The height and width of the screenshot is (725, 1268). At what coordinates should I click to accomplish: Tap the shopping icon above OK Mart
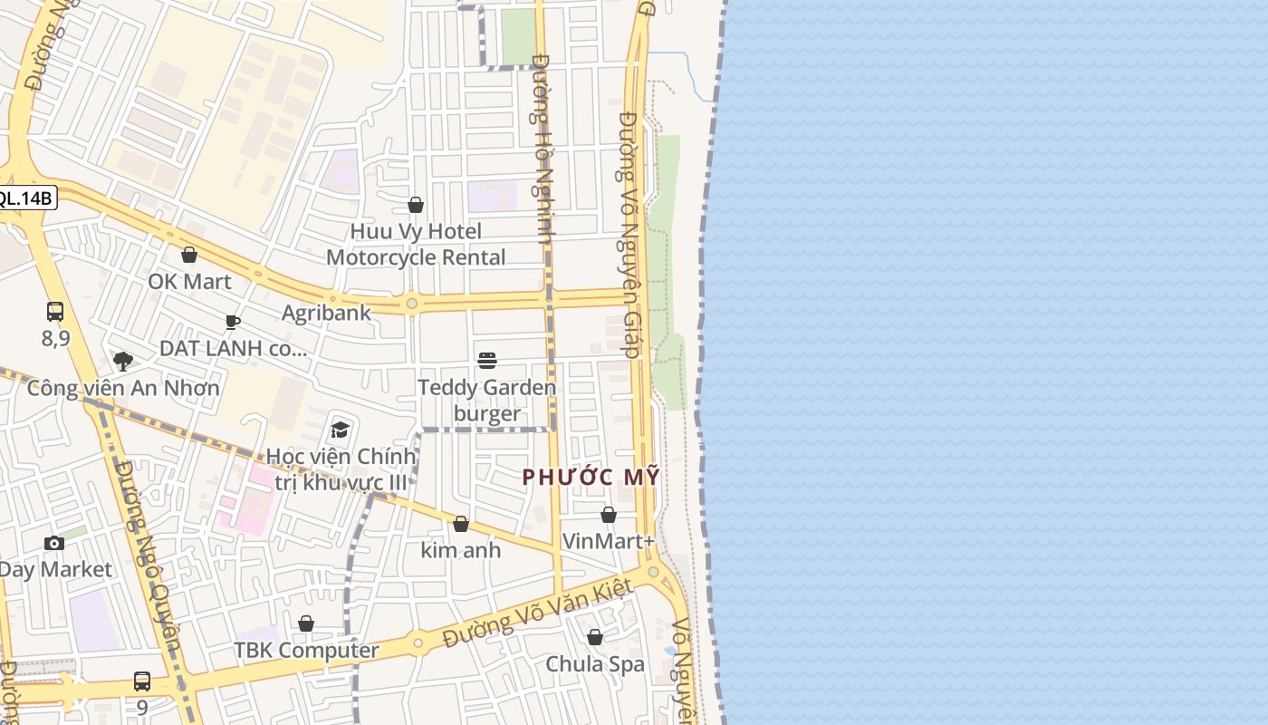pos(189,255)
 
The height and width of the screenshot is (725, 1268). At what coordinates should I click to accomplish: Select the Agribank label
pos(326,313)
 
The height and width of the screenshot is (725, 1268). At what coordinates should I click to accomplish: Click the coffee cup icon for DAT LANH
pos(233,322)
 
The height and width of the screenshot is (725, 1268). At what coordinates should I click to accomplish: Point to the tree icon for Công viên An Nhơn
pos(123,362)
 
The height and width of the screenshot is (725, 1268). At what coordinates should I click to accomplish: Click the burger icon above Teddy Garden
pos(487,361)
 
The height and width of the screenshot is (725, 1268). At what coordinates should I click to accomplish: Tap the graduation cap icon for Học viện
pos(341,429)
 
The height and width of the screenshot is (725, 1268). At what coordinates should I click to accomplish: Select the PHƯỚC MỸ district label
pos(591,477)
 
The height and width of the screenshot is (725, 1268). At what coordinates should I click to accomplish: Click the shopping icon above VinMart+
pos(609,515)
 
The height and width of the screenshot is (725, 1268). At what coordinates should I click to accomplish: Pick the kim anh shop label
pos(461,550)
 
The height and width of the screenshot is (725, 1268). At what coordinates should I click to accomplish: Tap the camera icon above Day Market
pos(54,543)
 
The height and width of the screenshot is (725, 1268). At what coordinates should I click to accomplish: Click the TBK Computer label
pos(306,650)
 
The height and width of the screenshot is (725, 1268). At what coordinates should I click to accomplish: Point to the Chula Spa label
pos(595,663)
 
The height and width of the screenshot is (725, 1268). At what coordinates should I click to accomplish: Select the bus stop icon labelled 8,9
pos(55,312)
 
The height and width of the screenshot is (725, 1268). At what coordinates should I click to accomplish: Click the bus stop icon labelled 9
pos(142,681)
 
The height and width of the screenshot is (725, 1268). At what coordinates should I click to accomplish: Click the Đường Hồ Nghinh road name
pos(543,150)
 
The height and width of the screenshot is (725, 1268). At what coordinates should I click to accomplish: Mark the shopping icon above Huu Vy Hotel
pos(416,205)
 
